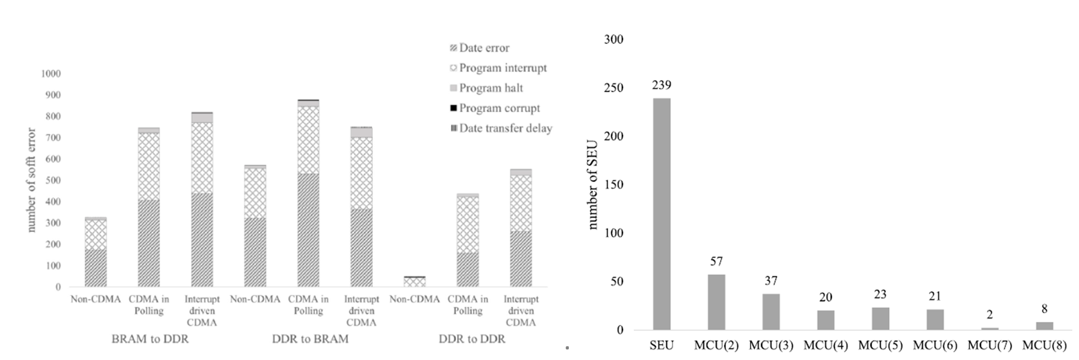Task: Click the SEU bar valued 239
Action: click(x=662, y=214)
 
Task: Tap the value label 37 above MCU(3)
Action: click(x=771, y=281)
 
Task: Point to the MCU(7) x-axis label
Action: click(x=990, y=345)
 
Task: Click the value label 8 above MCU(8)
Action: click(x=1044, y=309)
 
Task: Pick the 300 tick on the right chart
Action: click(x=613, y=39)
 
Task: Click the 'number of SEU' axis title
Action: click(x=593, y=184)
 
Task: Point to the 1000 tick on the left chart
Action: click(x=50, y=74)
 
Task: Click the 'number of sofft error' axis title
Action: click(x=31, y=180)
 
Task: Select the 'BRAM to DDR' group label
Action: click(x=150, y=339)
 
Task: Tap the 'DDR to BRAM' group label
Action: click(x=310, y=339)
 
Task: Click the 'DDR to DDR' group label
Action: click(x=472, y=339)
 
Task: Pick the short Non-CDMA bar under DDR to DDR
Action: click(x=414, y=282)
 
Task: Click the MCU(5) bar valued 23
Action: click(x=880, y=318)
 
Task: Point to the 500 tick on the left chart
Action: click(x=52, y=180)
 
